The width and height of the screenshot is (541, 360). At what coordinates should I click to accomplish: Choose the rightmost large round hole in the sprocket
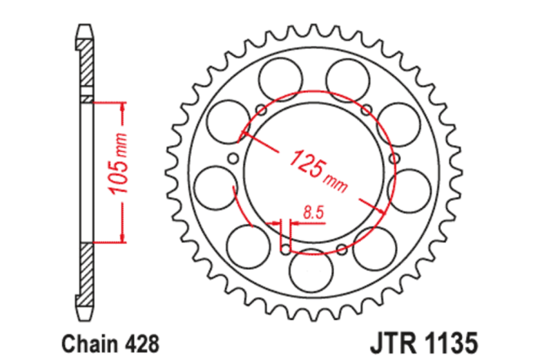[411, 187]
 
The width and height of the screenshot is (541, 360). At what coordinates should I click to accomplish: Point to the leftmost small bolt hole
[235, 159]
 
